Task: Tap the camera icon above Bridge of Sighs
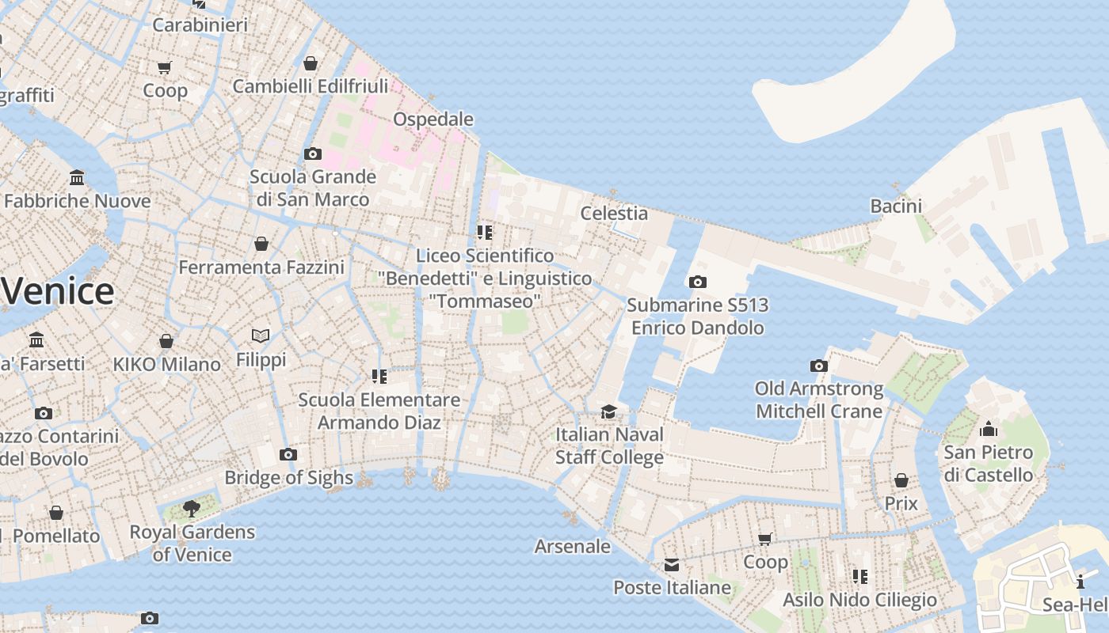pyautogui.click(x=288, y=454)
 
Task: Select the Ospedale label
pyautogui.click(x=433, y=119)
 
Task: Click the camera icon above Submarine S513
pyautogui.click(x=697, y=282)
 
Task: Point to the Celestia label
pyautogui.click(x=614, y=213)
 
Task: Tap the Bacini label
pyautogui.click(x=896, y=206)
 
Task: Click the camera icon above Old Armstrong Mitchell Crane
pyautogui.click(x=818, y=366)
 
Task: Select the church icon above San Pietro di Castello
pyautogui.click(x=989, y=430)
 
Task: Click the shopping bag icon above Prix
pyautogui.click(x=901, y=480)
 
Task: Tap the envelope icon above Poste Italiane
pyautogui.click(x=672, y=565)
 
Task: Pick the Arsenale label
pyautogui.click(x=572, y=546)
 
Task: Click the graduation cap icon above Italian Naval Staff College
pyautogui.click(x=608, y=411)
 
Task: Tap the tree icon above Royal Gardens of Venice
pyautogui.click(x=191, y=509)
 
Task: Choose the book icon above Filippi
pyautogui.click(x=261, y=336)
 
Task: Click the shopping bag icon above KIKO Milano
pyautogui.click(x=166, y=341)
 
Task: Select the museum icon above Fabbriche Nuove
pyautogui.click(x=77, y=177)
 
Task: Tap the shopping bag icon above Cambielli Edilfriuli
pyautogui.click(x=311, y=63)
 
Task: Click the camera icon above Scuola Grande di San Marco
pyautogui.click(x=313, y=154)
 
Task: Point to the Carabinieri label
pyautogui.click(x=200, y=25)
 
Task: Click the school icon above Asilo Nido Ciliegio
pyautogui.click(x=859, y=576)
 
